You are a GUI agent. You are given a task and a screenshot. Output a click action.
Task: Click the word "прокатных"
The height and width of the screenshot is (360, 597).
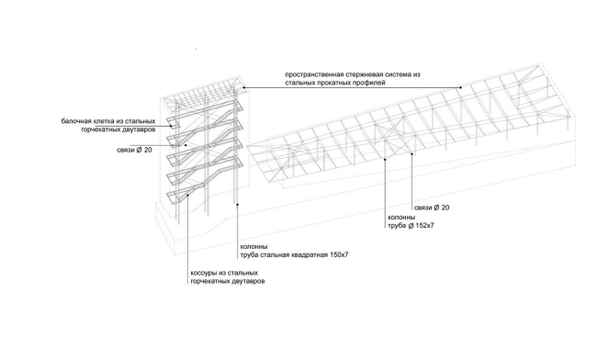pos(334,83)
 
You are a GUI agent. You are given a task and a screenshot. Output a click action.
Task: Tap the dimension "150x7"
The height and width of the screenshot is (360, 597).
pos(339,255)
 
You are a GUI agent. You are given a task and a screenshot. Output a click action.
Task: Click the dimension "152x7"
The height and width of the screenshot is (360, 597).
pos(425,226)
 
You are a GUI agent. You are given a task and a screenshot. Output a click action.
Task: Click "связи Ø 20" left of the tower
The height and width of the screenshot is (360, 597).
pos(134,151)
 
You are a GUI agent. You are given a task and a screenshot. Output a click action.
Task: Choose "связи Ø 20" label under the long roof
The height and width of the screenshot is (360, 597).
pos(432,208)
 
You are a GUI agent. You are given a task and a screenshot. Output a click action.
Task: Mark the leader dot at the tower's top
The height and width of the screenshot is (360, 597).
pos(244,87)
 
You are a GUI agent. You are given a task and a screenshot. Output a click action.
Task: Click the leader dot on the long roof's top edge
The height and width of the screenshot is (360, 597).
pos(461,87)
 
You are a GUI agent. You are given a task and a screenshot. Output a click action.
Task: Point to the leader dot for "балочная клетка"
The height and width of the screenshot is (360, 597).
pos(172,126)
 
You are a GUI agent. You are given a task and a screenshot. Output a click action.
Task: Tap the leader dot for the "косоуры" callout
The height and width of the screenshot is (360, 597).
pos(188,196)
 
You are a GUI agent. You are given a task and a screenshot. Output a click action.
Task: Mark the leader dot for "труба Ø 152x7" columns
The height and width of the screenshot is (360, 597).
pos(385,160)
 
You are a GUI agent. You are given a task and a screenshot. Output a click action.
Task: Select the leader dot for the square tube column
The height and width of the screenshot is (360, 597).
pos(238,205)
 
